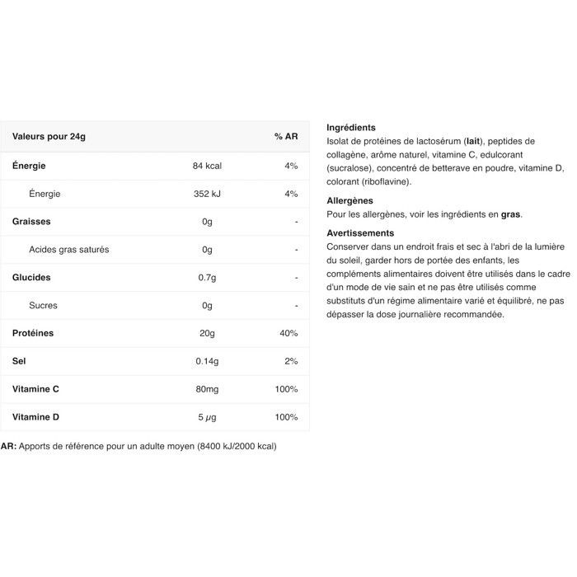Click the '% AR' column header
pos(286,136)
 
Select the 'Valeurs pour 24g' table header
pos(49,136)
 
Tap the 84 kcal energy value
pos(207,166)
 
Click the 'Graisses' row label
pos(31,222)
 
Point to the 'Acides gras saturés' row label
pos(68,250)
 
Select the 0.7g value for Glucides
pos(207,278)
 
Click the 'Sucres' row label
pos(43,306)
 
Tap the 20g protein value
pos(207,333)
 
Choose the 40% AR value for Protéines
pos(288,333)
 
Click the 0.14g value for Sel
pos(207,361)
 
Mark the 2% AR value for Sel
pos(290,361)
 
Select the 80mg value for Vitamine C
pos(207,389)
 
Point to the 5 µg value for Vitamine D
pos(207,417)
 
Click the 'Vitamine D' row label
pos(35,417)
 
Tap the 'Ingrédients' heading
pos(351,128)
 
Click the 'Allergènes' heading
pos(349,200)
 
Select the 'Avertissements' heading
pos(360,233)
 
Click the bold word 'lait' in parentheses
pos(473,141)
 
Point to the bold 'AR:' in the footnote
pos(8,446)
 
